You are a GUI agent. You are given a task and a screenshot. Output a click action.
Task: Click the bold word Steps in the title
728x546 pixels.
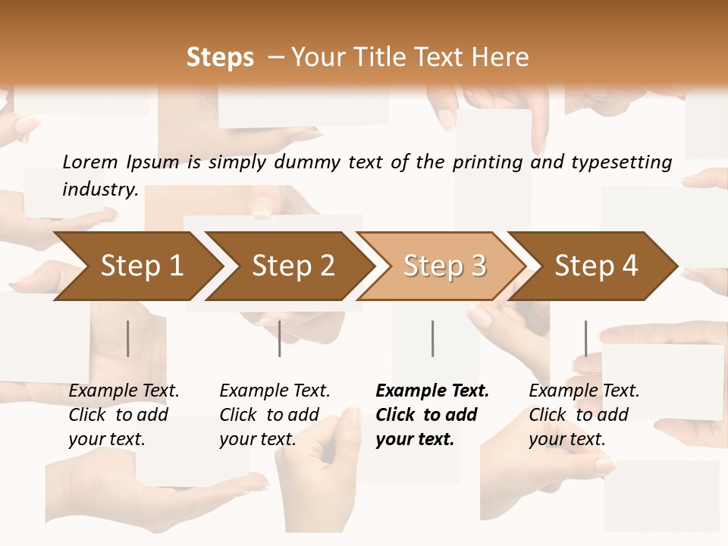220,58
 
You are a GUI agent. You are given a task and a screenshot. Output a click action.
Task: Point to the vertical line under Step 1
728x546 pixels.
128,338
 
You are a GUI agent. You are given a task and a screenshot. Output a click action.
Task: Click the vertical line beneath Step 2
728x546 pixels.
280,338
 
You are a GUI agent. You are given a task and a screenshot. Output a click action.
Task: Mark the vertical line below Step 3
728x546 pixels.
432,338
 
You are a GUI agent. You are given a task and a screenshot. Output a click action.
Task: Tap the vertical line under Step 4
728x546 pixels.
585,338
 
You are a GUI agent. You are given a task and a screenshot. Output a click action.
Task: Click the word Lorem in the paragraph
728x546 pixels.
90,162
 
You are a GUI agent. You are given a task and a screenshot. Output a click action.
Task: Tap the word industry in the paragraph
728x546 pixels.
99,190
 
